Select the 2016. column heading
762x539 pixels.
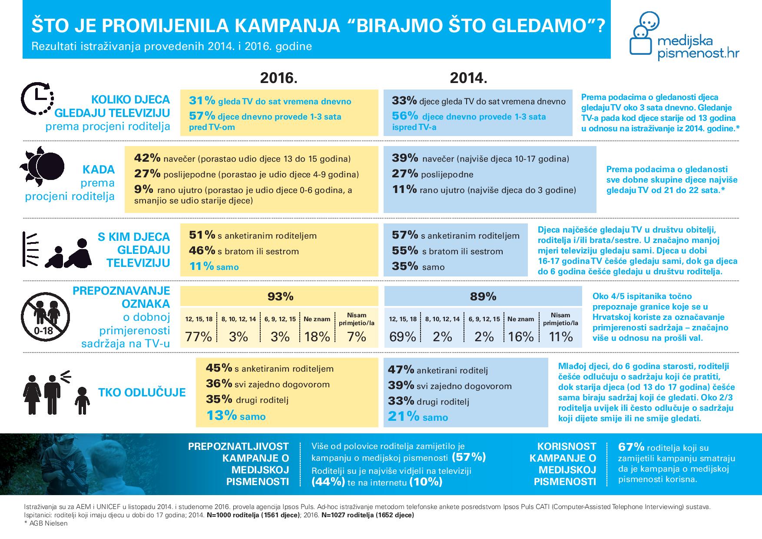tap(278, 78)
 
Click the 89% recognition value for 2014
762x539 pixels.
tap(483, 296)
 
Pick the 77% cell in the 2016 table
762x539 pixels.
tap(199, 336)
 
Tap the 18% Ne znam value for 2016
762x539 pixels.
tap(317, 336)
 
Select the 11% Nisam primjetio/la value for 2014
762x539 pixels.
tap(560, 336)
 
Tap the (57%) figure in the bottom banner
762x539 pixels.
tap(469, 457)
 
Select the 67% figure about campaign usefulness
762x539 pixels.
tap(631, 447)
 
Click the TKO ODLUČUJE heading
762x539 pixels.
tap(142, 393)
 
